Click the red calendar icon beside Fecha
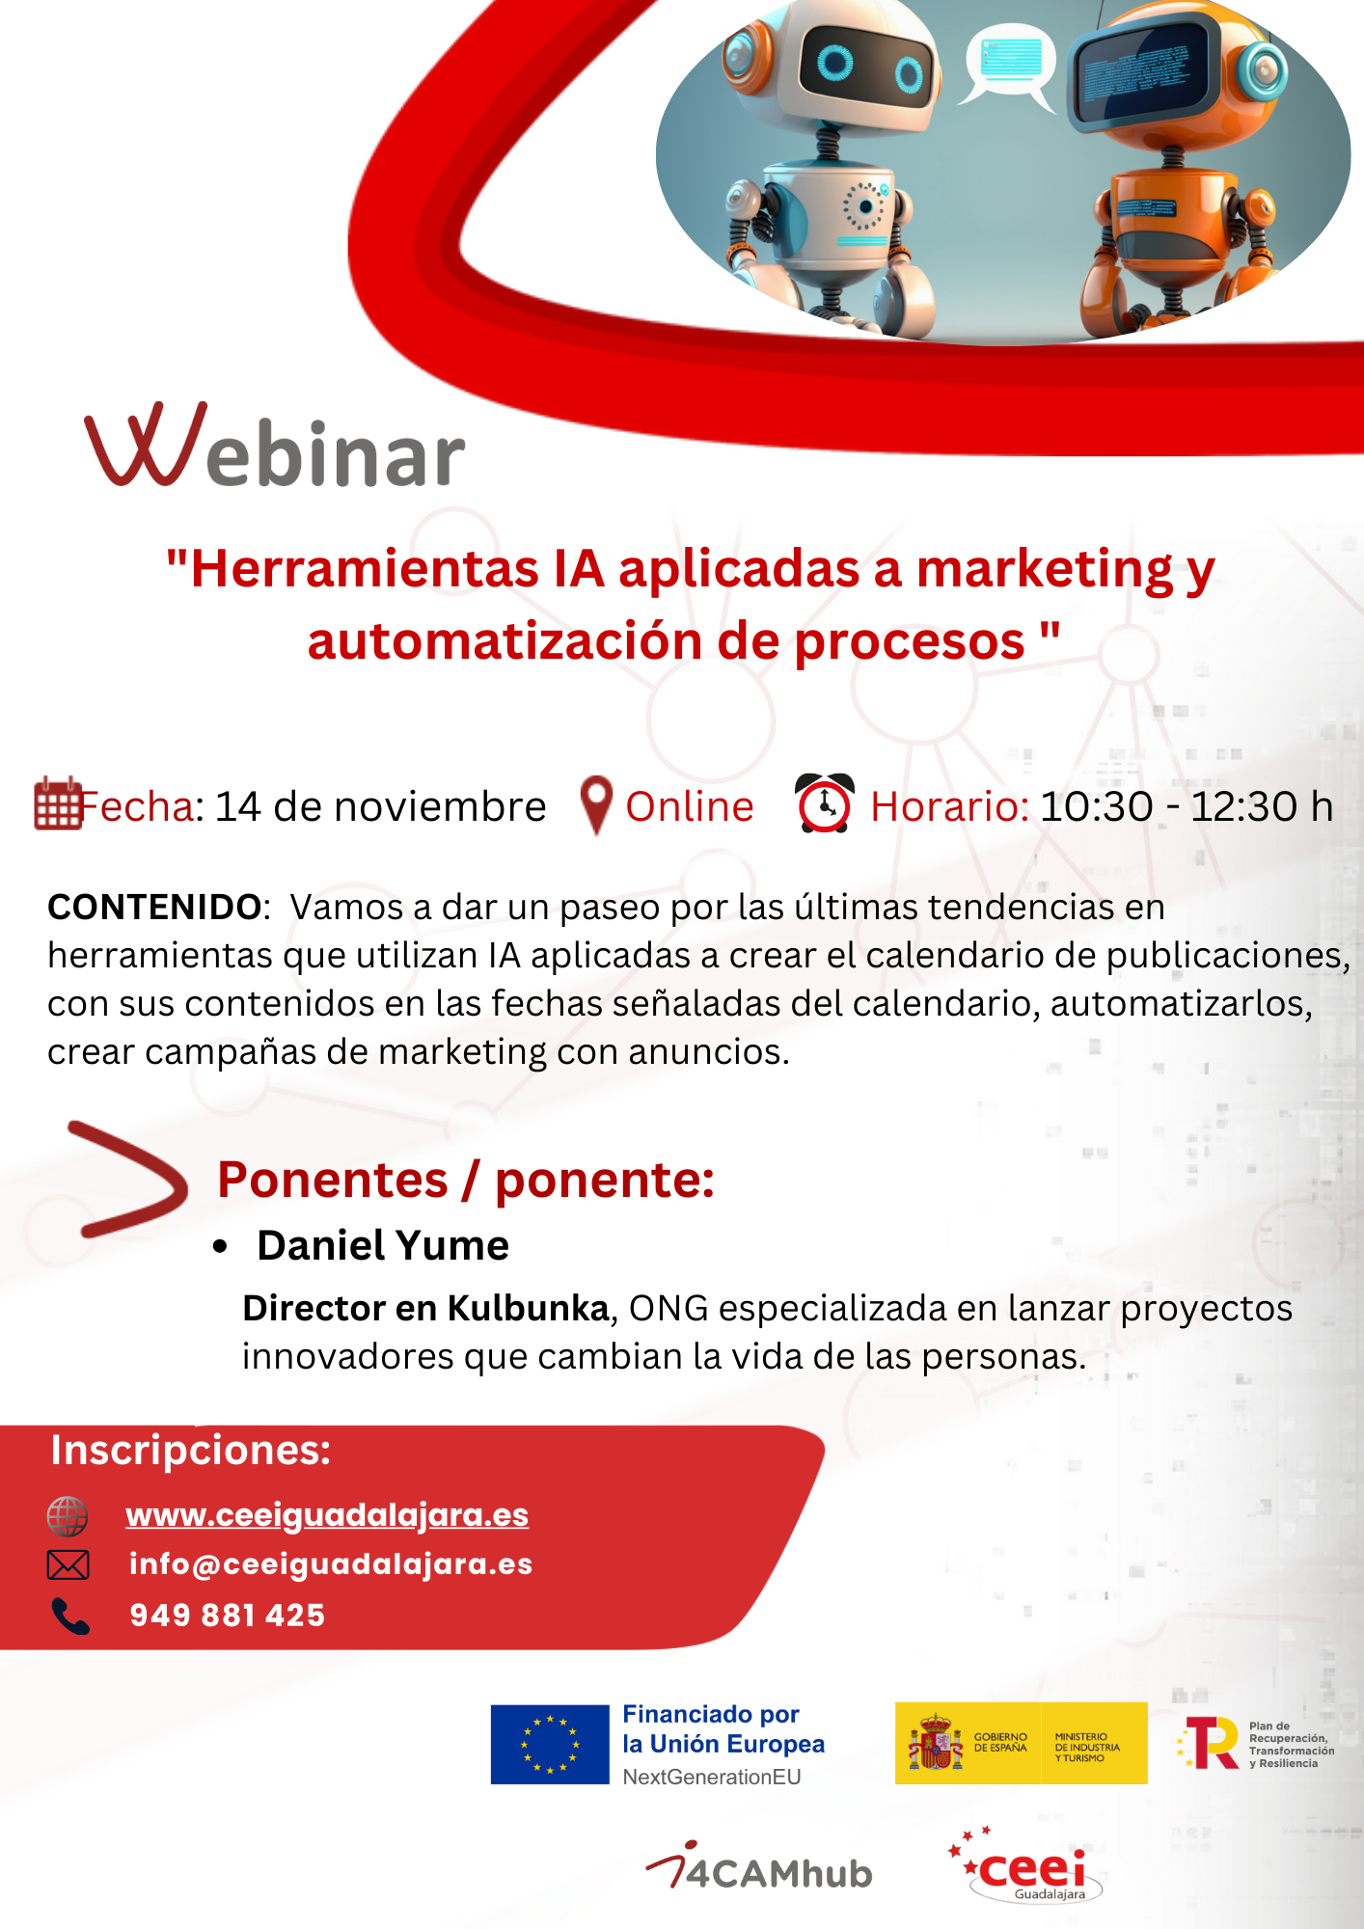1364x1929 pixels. [x=58, y=804]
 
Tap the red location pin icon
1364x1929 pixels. [x=597, y=804]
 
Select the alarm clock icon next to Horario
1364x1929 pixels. [x=824, y=803]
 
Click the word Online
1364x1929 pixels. [x=689, y=806]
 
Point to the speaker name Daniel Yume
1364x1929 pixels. [x=382, y=1245]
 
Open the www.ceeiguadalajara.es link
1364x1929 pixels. [x=327, y=1514]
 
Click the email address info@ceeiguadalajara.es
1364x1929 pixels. [x=331, y=1563]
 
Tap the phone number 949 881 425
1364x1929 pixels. [x=228, y=1615]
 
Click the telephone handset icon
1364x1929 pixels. [x=69, y=1616]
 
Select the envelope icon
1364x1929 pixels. [x=68, y=1564]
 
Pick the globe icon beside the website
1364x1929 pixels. [x=68, y=1515]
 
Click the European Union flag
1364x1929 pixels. [x=550, y=1744]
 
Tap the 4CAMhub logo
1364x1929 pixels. [x=759, y=1868]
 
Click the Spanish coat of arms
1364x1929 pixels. [x=935, y=1744]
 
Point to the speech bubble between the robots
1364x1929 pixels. [x=1010, y=60]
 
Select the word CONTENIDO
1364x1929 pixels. [x=154, y=907]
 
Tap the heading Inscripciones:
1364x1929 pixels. [x=191, y=1450]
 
